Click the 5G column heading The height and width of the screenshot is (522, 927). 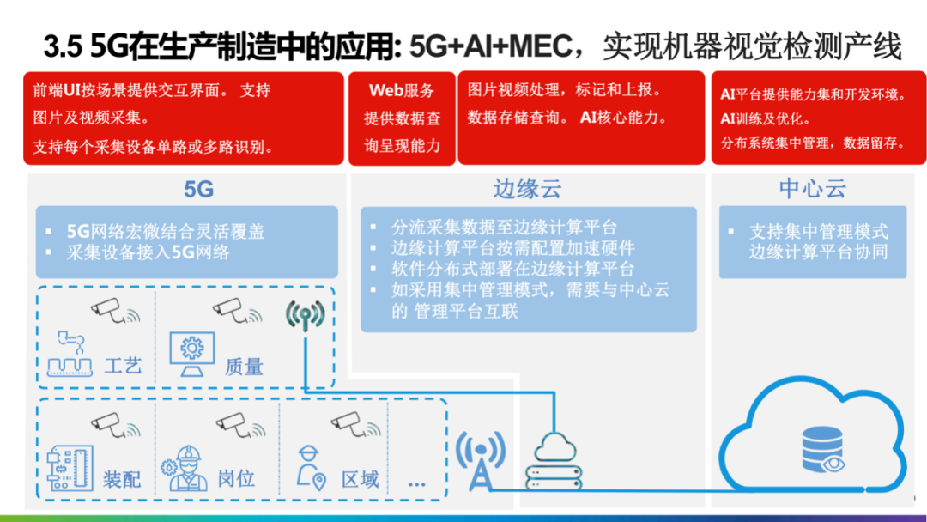coord(198,188)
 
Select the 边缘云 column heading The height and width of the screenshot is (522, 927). coord(527,188)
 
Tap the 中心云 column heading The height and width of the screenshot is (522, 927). coord(812,188)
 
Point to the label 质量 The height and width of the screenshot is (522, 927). coord(244,366)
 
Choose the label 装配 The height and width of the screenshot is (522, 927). coord(121,478)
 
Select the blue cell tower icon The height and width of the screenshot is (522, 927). coord(479,459)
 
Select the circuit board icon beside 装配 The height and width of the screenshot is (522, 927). coord(68,468)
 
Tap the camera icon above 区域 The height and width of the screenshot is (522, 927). coord(348,422)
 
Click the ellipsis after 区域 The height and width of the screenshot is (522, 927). coord(417,483)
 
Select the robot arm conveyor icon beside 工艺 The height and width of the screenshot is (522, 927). coord(71,354)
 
